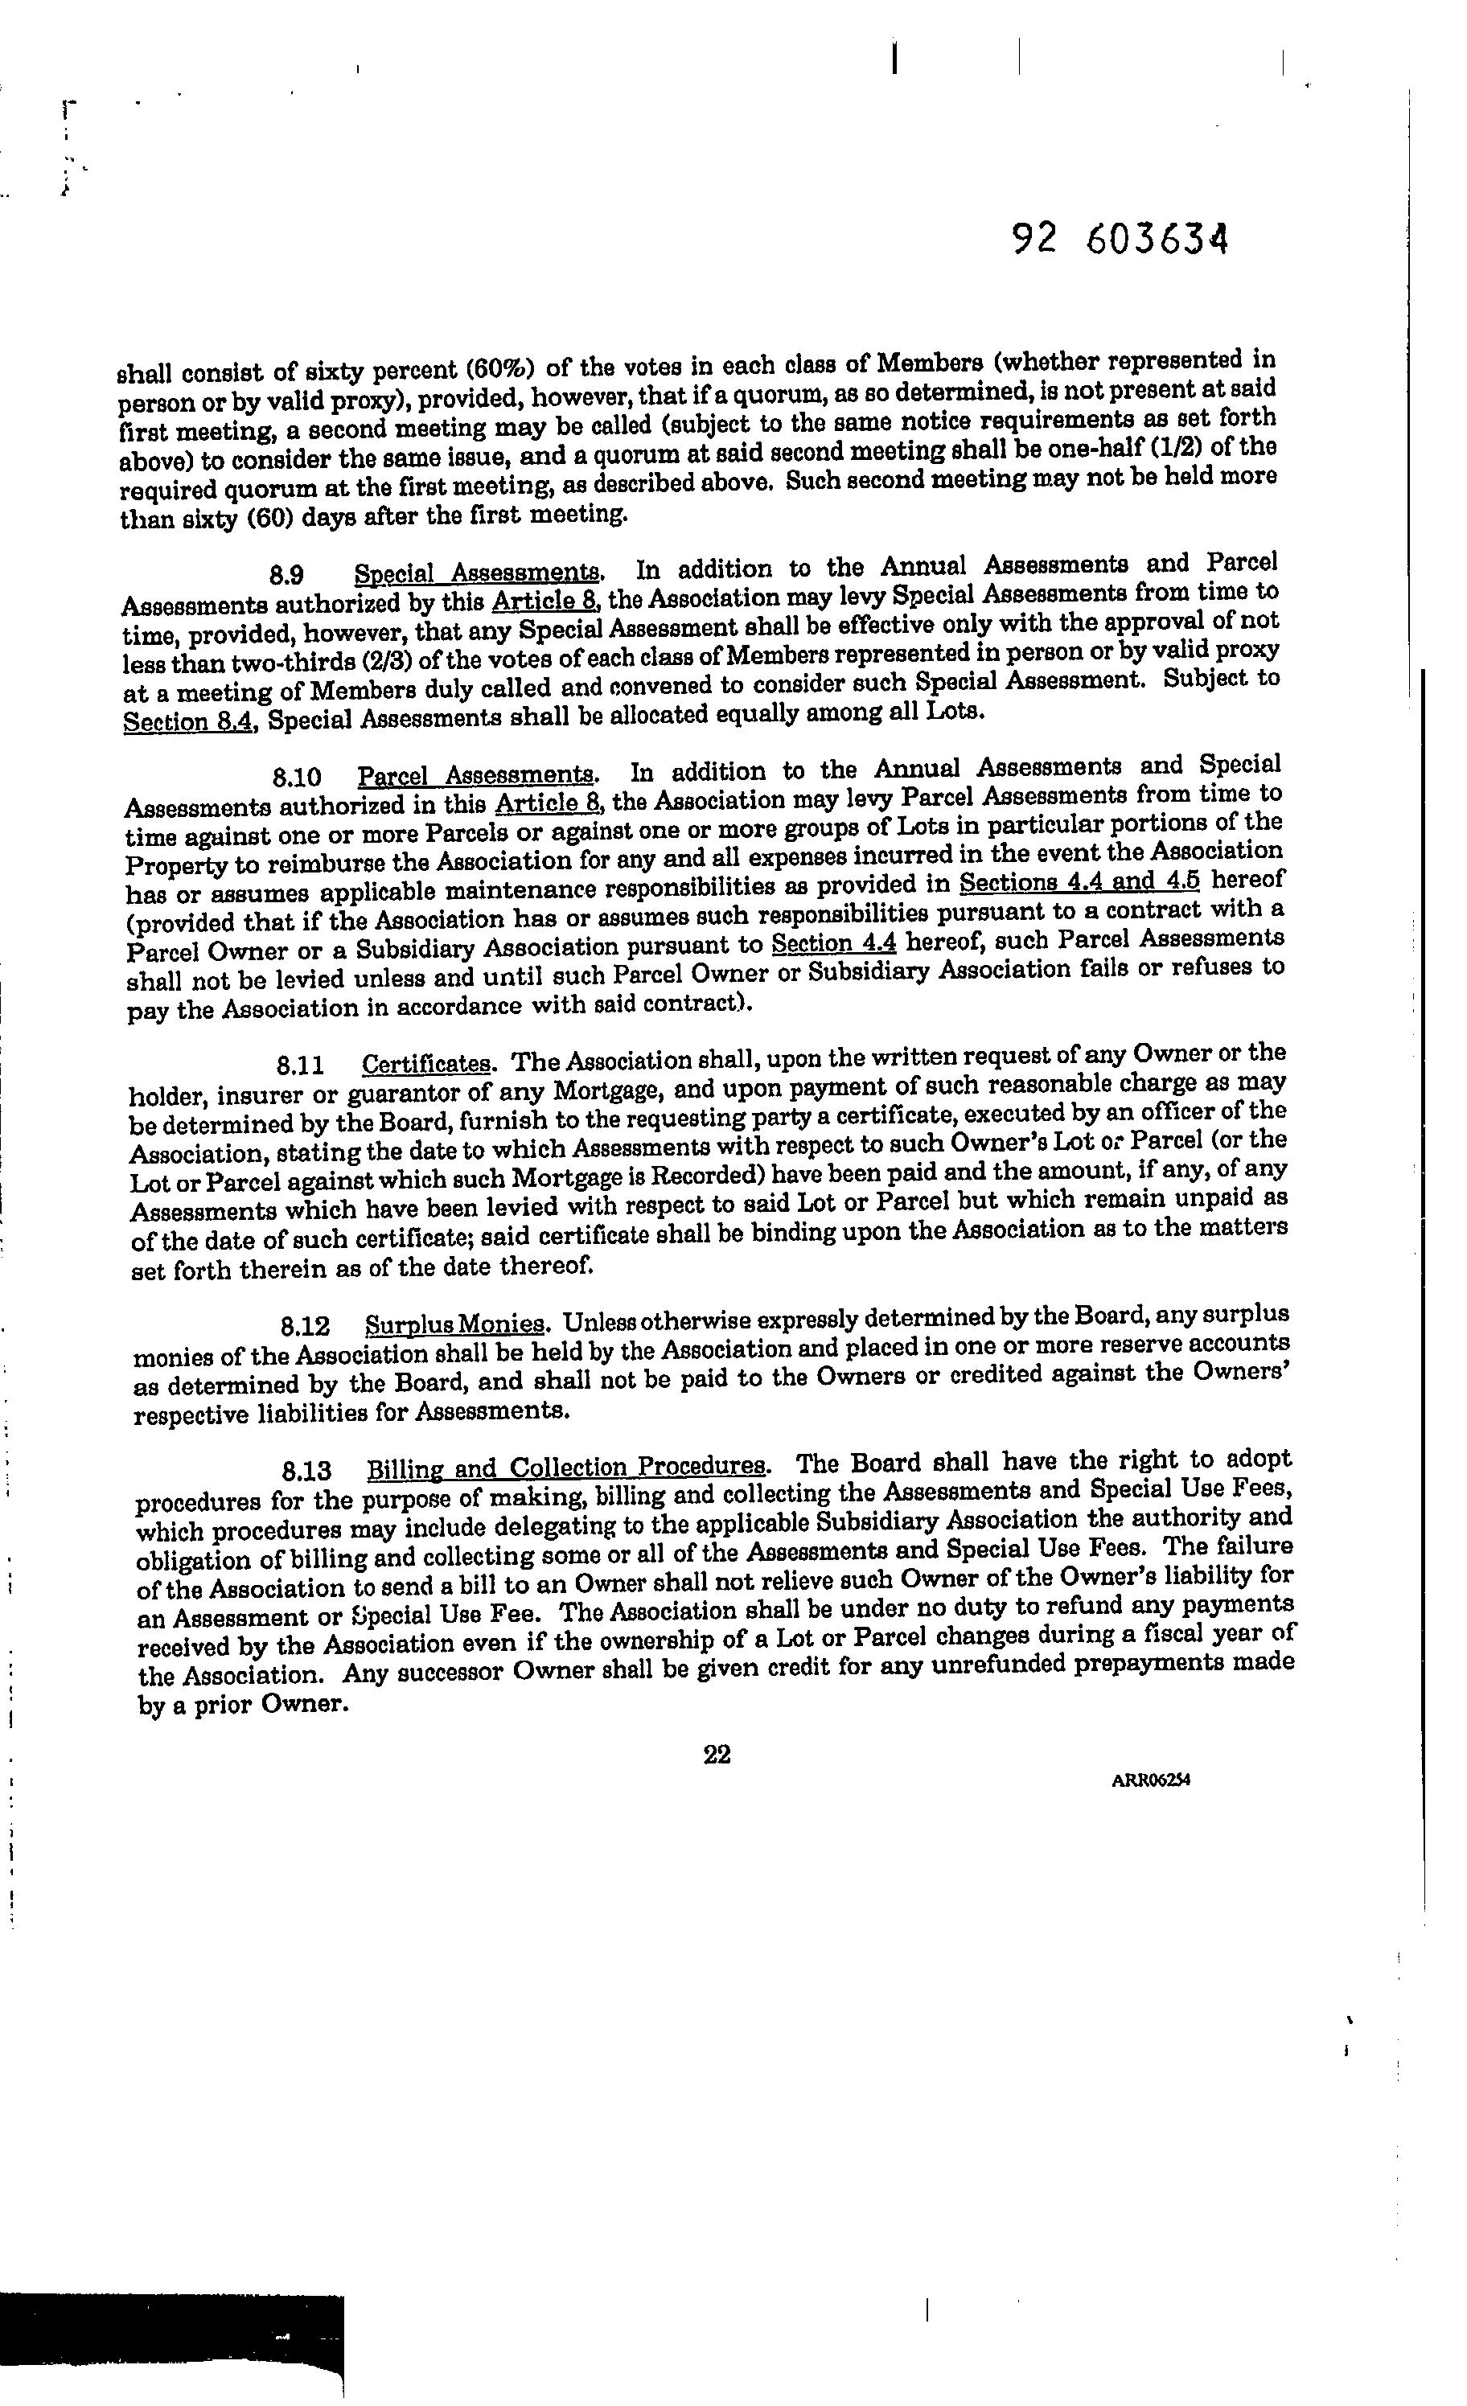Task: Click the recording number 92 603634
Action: click(x=1120, y=238)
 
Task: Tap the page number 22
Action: click(x=716, y=1755)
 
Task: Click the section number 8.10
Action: click(x=297, y=778)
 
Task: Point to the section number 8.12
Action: click(x=304, y=1327)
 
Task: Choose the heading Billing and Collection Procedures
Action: click(x=566, y=1468)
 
